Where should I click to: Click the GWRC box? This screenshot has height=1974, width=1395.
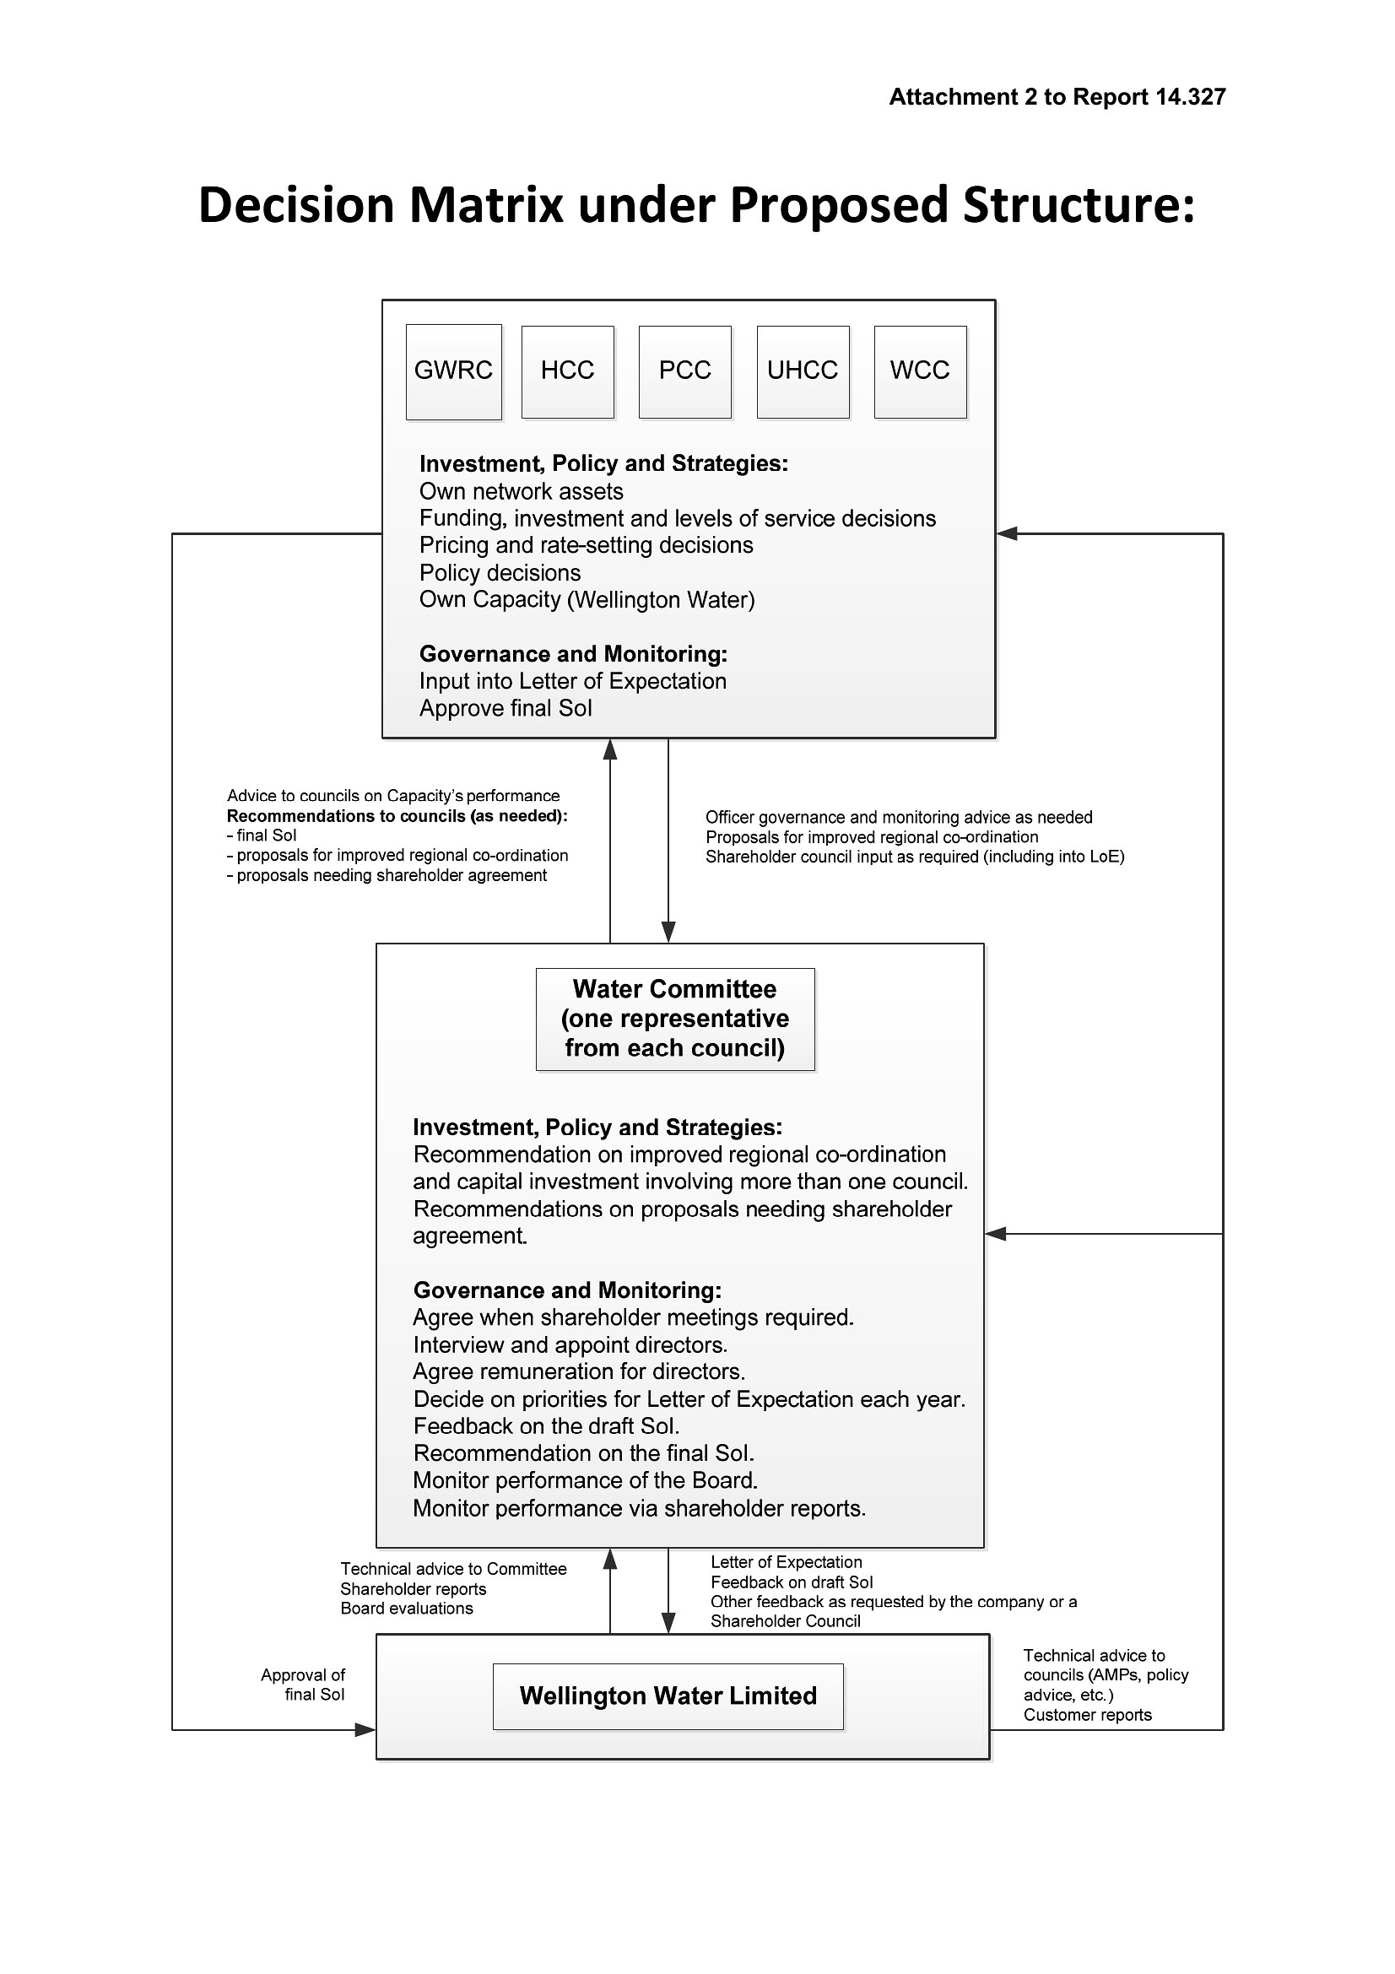(x=454, y=371)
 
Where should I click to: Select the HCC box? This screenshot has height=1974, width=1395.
(x=568, y=371)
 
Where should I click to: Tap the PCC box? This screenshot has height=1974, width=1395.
(x=685, y=371)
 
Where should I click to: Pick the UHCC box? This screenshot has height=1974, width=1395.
(x=803, y=371)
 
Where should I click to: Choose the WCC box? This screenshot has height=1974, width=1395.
(x=921, y=371)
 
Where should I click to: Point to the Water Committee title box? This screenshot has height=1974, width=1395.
(x=675, y=1019)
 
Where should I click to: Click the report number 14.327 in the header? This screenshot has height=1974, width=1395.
(x=1191, y=97)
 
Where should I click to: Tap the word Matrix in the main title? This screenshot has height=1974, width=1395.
(x=485, y=205)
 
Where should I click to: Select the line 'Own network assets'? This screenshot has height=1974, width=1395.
(x=521, y=492)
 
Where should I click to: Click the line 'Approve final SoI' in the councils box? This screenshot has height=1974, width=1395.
(x=506, y=708)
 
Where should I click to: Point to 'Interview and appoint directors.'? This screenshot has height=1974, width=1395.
(x=570, y=1344)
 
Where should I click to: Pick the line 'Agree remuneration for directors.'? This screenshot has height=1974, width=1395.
(x=578, y=1371)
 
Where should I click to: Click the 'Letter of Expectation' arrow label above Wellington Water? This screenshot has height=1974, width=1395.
(x=786, y=1562)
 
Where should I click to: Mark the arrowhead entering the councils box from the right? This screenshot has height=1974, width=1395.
(x=1007, y=534)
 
